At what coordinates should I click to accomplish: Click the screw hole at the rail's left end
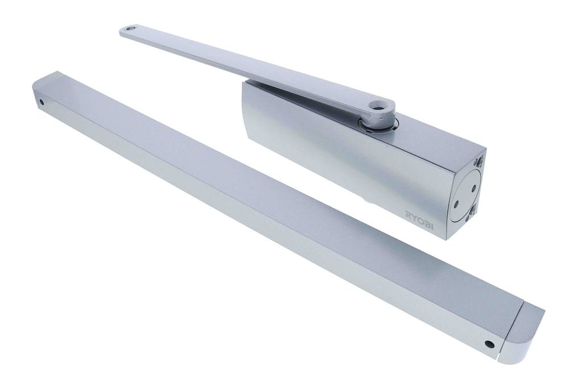(41, 103)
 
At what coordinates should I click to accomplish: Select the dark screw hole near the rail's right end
(488, 344)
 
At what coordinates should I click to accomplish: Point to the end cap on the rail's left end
(48, 91)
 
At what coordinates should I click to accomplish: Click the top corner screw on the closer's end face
(481, 161)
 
